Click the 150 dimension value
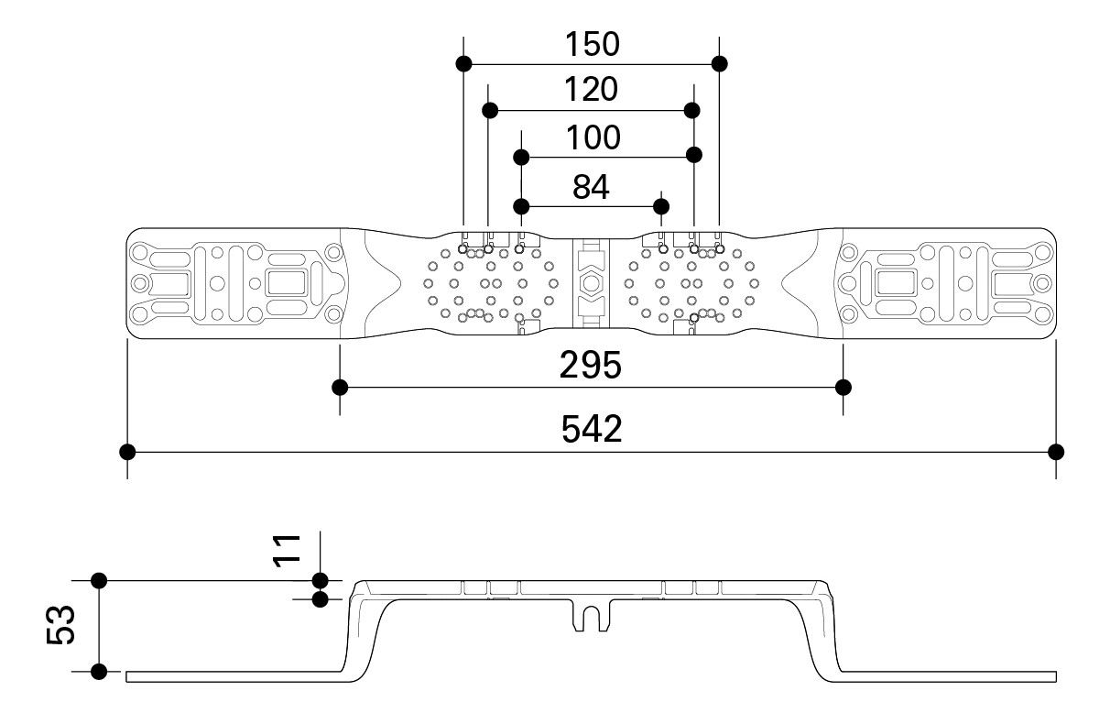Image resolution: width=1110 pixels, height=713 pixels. [592, 43]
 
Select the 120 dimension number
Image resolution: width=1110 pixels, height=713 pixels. [592, 89]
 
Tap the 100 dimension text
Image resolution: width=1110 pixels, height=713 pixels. [593, 137]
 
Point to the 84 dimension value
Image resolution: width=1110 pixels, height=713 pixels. [591, 187]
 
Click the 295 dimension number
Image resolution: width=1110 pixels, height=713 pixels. [592, 366]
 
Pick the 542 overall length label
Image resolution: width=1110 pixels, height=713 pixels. [592, 428]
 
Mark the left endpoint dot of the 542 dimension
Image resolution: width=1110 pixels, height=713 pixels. [127, 452]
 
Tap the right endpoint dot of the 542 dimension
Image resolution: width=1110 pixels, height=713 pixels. [1056, 452]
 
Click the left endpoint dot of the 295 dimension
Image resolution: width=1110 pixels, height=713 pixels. [341, 387]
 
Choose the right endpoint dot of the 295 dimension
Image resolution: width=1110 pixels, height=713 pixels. [843, 387]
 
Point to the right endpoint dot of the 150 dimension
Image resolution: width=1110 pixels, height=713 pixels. [719, 64]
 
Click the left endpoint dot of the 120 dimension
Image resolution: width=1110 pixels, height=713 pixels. [489, 111]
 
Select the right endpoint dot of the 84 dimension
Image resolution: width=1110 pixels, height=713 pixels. [661, 204]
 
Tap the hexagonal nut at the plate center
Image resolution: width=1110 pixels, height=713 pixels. [591, 282]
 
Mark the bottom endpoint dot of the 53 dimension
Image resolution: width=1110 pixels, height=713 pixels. [99, 672]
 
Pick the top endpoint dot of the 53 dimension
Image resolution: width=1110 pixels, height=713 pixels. [99, 580]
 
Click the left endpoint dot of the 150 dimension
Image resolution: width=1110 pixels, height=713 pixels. [464, 64]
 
